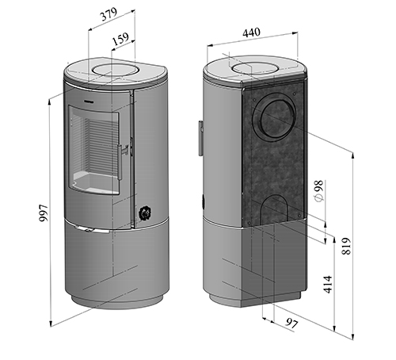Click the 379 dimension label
point(109,14)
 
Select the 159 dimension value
point(120,39)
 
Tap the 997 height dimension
point(44,213)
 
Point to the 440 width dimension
point(251,33)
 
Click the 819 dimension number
point(346,246)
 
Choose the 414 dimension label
point(328,285)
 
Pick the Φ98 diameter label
point(319,191)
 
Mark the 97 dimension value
point(292,323)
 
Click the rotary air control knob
point(145,213)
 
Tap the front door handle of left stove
point(120,162)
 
